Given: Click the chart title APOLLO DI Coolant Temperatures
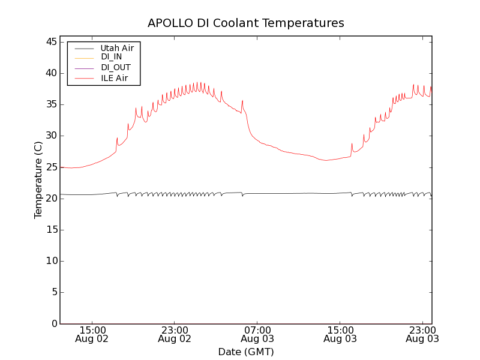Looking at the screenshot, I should coord(246,23).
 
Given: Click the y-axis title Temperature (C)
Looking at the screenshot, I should coord(38,180).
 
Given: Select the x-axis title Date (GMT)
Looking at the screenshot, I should coord(246,352).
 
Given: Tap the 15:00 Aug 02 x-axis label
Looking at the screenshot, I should coord(92,334).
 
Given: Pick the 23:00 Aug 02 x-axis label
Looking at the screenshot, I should coord(175,334).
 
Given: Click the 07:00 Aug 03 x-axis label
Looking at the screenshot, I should coord(257,334).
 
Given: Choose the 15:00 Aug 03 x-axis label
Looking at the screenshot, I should coord(340,334).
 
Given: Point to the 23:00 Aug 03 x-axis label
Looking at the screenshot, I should coord(422,334).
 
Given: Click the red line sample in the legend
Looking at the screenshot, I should coord(84,78).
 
